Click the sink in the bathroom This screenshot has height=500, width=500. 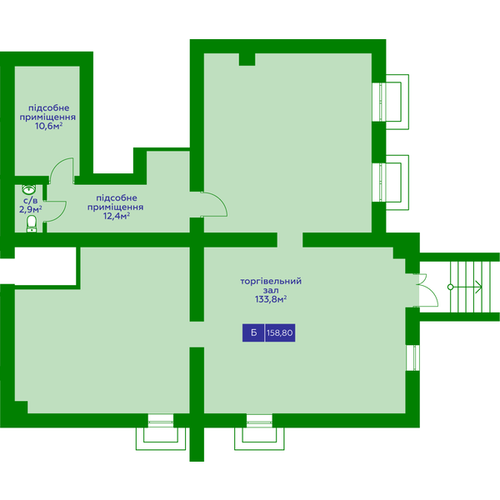click(28, 189)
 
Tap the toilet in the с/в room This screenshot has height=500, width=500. click(32, 223)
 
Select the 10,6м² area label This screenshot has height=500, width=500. click(48, 126)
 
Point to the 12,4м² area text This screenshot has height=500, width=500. click(117, 216)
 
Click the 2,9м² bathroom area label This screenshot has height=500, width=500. click(31, 209)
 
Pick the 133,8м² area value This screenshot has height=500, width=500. click(270, 299)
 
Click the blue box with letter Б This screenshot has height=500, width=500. click(253, 332)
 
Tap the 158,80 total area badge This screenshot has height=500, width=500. click(280, 332)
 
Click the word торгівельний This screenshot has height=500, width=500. click(271, 282)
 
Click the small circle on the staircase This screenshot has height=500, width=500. click(450, 287)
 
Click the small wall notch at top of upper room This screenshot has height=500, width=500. click(247, 60)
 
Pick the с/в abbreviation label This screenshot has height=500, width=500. click(31, 201)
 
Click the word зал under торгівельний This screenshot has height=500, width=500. click(271, 291)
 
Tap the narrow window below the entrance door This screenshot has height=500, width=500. click(412, 357)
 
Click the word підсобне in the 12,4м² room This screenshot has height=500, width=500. click(117, 198)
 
